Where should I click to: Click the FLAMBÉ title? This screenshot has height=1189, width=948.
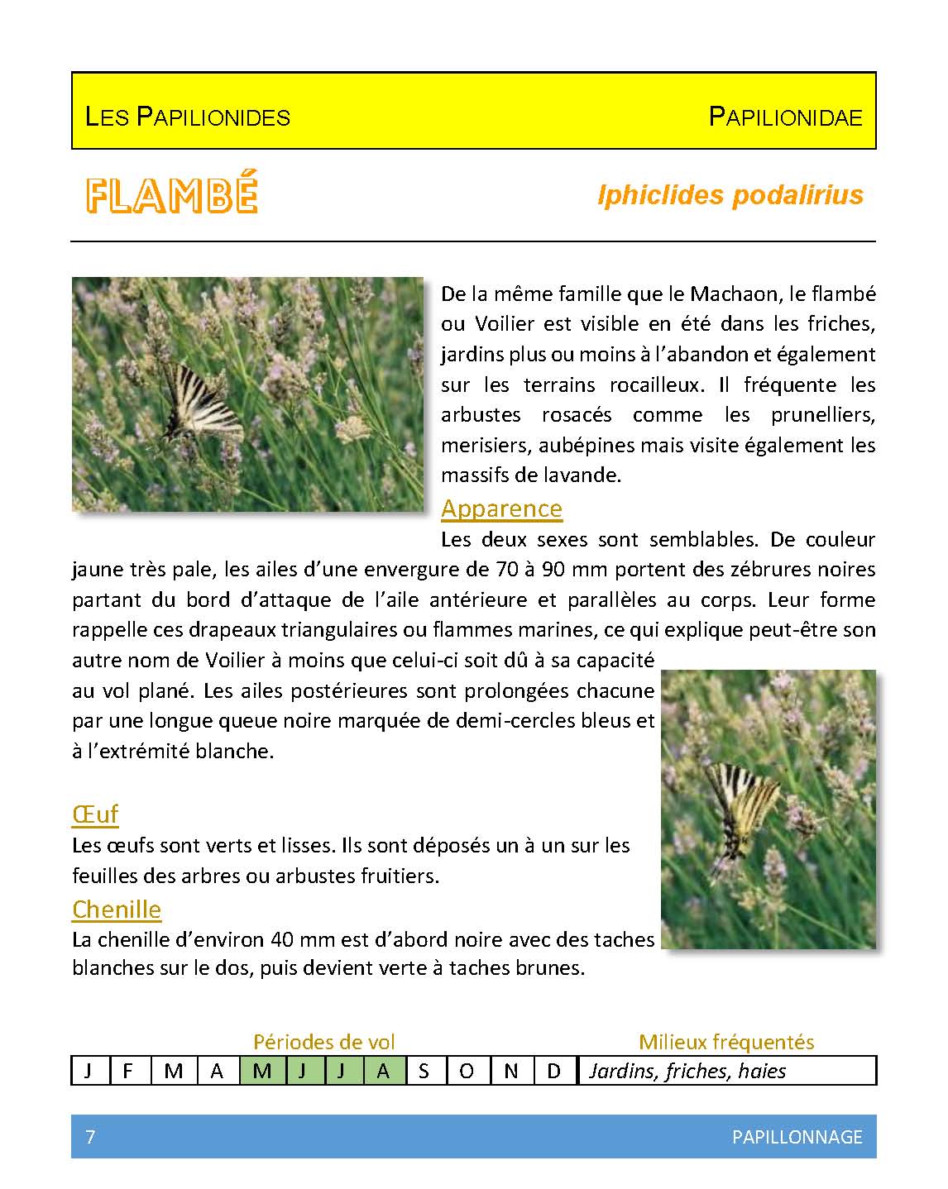pyautogui.click(x=172, y=194)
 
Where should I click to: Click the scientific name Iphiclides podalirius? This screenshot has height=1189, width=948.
pyautogui.click(x=730, y=195)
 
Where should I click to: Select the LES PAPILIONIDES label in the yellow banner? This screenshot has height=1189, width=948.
pyautogui.click(x=188, y=116)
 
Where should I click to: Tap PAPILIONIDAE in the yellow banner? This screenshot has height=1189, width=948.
pyautogui.click(x=785, y=116)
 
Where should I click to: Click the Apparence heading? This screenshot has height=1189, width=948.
pyautogui.click(x=501, y=509)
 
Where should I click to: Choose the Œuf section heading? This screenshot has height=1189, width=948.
pyautogui.click(x=95, y=814)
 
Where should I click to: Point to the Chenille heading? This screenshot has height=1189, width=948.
pyautogui.click(x=117, y=910)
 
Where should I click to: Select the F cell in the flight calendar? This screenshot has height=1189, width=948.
pyautogui.click(x=128, y=1071)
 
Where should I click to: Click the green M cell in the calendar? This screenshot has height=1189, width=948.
pyautogui.click(x=262, y=1071)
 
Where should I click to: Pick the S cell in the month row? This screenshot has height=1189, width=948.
pyautogui.click(x=424, y=1071)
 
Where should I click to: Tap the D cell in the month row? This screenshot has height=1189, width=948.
pyautogui.click(x=553, y=1071)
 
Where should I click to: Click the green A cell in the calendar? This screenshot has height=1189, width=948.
pyautogui.click(x=383, y=1071)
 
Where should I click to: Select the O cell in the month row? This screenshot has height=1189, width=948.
pyautogui.click(x=467, y=1071)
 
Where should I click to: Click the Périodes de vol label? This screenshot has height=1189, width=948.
pyautogui.click(x=324, y=1042)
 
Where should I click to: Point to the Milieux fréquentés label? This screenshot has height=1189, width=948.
pyautogui.click(x=726, y=1042)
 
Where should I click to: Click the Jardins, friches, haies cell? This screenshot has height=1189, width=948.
pyautogui.click(x=687, y=1071)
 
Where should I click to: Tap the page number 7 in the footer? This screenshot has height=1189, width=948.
pyautogui.click(x=90, y=1137)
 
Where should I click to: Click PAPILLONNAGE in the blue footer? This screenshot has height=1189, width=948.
pyautogui.click(x=797, y=1137)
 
